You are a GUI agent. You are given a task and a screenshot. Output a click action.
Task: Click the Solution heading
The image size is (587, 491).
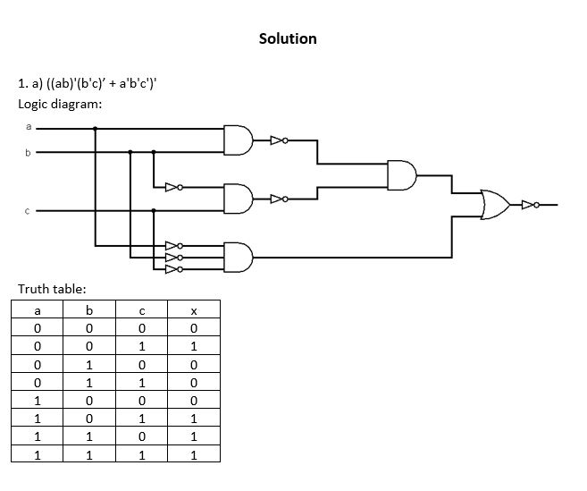click(x=288, y=38)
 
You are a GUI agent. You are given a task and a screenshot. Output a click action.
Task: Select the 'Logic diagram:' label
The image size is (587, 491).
click(x=60, y=104)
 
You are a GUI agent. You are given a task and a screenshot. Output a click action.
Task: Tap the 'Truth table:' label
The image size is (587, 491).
click(x=52, y=289)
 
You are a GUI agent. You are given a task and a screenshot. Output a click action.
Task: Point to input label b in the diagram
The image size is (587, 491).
click(x=27, y=152)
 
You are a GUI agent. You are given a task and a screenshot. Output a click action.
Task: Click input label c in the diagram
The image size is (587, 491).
click(x=27, y=211)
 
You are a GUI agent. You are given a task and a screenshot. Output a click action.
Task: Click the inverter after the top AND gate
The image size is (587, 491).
click(x=278, y=140)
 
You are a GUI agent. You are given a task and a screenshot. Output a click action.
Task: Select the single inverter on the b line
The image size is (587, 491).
click(x=172, y=188)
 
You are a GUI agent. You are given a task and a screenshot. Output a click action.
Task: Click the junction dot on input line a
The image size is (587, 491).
click(x=96, y=129)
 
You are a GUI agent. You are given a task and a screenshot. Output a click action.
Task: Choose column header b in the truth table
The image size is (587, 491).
click(x=89, y=310)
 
